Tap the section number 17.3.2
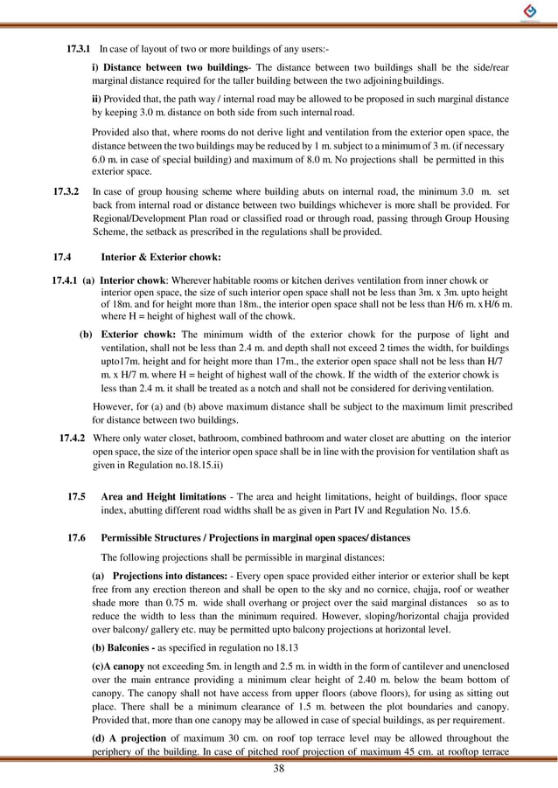(66, 190)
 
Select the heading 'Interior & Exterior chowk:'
(161, 258)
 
